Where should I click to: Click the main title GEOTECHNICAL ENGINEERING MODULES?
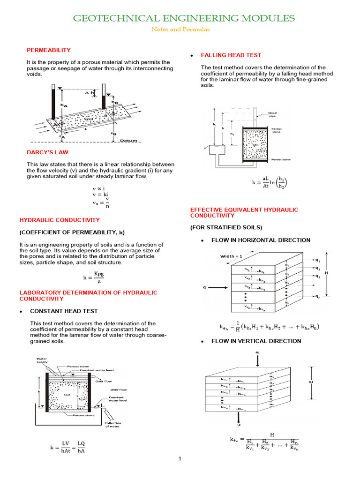pyautogui.click(x=183, y=18)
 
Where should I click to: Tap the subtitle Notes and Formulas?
pyautogui.click(x=180, y=30)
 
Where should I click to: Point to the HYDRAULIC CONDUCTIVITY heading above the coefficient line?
pyautogui.click(x=59, y=220)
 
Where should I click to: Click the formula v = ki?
pyautogui.click(x=100, y=194)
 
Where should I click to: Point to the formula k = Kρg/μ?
pyautogui.click(x=94, y=278)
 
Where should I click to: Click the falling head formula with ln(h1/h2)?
pyautogui.click(x=270, y=182)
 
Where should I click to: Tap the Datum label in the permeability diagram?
pyautogui.click(x=128, y=141)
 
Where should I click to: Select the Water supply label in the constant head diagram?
pyautogui.click(x=45, y=360)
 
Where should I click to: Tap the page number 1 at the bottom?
pyautogui.click(x=180, y=459)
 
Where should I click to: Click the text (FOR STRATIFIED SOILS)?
pyautogui.click(x=226, y=227)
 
